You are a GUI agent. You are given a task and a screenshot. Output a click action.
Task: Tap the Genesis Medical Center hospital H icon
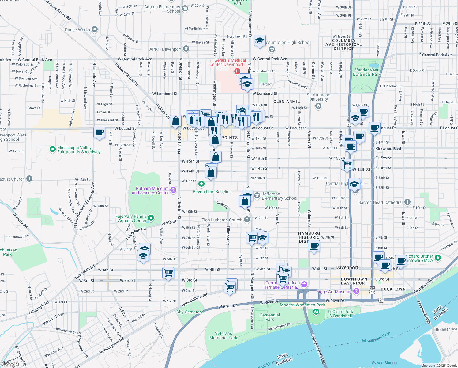pos(237,71)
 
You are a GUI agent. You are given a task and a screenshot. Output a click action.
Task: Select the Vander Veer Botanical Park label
pos(366,72)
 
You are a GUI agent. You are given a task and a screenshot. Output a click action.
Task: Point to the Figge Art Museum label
pos(334,292)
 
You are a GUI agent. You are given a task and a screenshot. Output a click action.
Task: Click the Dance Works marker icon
pos(95,29)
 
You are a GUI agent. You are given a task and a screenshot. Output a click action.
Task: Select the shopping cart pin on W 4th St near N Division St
pos(168,272)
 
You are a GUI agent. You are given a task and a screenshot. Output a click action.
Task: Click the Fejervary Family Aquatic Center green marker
pos(150,218)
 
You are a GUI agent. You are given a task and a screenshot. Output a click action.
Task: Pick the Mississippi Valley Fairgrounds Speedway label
pos(79,150)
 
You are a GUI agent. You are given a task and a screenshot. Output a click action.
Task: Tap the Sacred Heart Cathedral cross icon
pos(407,202)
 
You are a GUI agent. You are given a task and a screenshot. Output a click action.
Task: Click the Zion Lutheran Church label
pos(222,220)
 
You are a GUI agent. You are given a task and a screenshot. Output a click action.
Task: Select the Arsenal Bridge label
pos(424,312)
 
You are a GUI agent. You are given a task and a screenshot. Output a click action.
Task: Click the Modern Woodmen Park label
pos(302,305)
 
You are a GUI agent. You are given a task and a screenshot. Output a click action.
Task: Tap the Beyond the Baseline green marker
pos(201,184)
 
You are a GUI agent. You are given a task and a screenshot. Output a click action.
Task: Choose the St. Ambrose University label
pos(318,97)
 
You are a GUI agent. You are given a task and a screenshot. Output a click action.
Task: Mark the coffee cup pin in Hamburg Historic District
pos(314,246)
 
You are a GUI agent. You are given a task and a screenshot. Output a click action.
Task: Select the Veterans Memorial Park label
pos(223,335)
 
